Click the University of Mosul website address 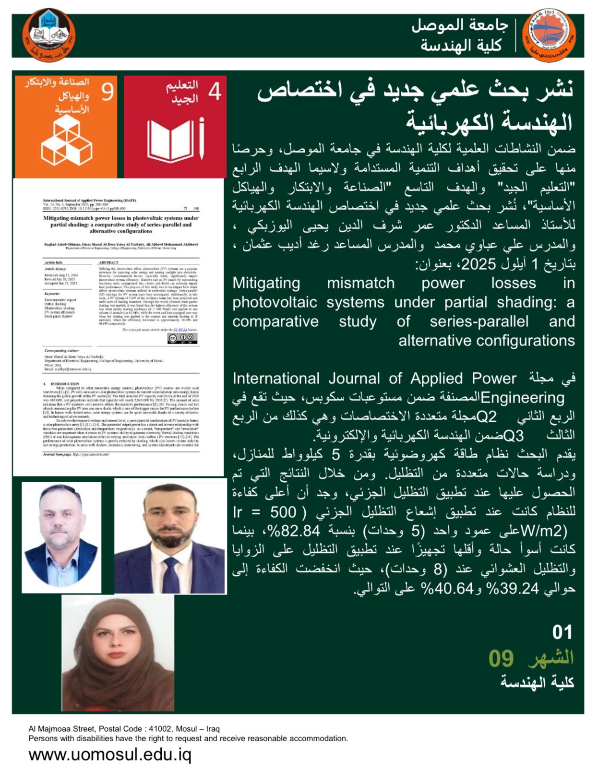110,755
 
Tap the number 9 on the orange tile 107,92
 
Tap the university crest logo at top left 48,36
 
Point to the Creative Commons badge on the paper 182,338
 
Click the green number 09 501,658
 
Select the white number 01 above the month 562,632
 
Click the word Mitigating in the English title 266,283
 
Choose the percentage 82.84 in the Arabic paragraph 300,531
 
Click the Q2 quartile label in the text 487,416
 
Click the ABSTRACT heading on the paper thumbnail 108,262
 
